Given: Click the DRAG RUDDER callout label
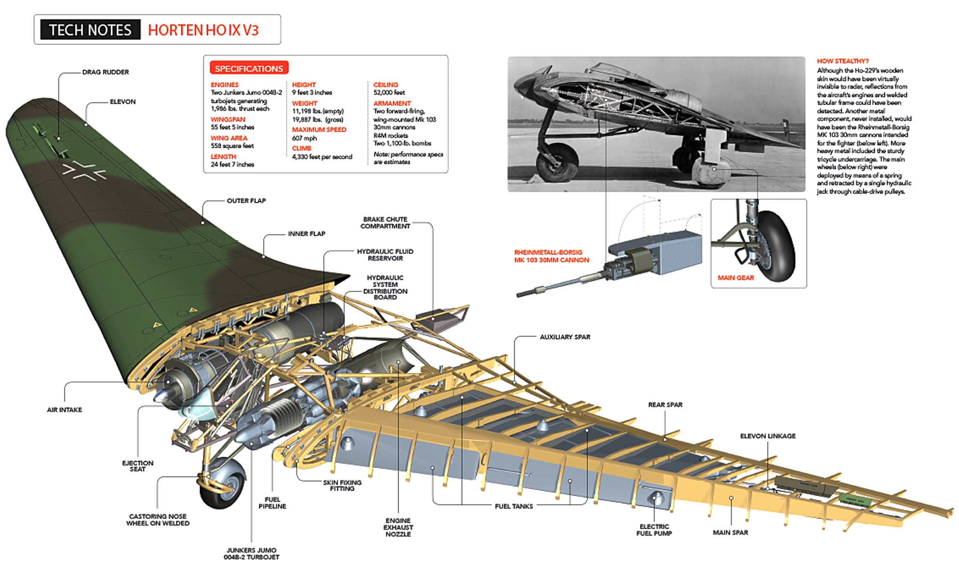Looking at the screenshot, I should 105,72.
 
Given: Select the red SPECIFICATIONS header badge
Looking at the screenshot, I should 248,68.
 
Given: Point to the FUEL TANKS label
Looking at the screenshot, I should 513,506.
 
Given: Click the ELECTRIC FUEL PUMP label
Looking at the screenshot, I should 654,530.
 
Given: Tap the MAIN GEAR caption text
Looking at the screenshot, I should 735,278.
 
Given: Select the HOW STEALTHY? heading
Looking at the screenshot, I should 842,61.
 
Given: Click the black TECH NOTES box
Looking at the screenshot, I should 90,30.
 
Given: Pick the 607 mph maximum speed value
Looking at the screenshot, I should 304,138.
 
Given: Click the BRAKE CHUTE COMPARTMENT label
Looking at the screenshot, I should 385,222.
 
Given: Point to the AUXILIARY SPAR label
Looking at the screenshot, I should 565,337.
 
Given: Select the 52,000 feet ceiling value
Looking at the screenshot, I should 389,92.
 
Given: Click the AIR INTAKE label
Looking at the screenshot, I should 64,410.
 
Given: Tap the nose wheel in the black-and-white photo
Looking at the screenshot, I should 557,163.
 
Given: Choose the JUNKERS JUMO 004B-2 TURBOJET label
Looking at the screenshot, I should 251,553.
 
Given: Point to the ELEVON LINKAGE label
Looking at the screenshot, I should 767,436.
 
